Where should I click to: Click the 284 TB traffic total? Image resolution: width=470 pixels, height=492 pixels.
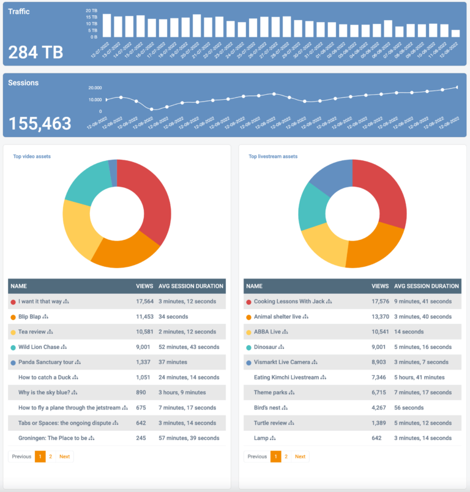[35, 52]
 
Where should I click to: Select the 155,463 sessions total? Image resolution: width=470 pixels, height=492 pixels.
[40, 123]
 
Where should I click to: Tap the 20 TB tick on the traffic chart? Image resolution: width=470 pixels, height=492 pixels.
[91, 11]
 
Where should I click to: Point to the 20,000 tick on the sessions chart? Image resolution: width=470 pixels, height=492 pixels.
[95, 88]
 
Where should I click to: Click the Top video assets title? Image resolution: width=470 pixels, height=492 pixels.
[32, 157]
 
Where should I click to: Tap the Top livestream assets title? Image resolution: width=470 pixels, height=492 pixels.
[273, 157]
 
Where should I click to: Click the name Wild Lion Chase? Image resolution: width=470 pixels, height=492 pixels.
[39, 347]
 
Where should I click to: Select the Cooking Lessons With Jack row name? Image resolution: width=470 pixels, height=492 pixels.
[289, 302]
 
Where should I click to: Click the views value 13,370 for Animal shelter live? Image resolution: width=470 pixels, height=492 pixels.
[380, 317]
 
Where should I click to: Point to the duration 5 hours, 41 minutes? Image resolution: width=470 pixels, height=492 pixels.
[419, 378]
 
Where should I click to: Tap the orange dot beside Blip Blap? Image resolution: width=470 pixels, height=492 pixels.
[13, 317]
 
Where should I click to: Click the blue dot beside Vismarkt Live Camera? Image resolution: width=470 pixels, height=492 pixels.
[248, 362]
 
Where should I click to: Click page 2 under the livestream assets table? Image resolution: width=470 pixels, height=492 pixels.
[286, 457]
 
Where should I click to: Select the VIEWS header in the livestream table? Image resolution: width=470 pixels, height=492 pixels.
[380, 286]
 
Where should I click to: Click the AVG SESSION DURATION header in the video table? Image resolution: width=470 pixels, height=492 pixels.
[191, 286]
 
